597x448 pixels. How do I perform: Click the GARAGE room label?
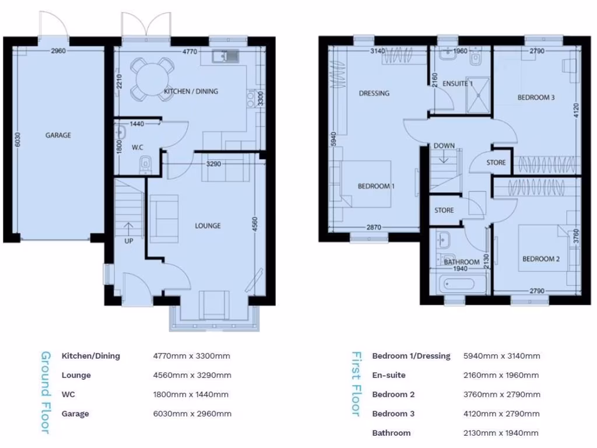click(x=58, y=135)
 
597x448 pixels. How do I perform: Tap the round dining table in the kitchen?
click(x=150, y=76)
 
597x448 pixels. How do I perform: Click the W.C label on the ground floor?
click(x=138, y=148)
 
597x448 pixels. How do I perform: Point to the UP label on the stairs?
click(x=128, y=240)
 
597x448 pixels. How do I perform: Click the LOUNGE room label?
click(x=208, y=226)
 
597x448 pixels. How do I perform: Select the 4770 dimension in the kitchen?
click(x=189, y=52)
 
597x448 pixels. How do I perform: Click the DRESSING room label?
click(x=374, y=93)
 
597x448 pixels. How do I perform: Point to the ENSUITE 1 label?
click(x=457, y=83)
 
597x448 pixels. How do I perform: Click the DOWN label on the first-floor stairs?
click(x=444, y=146)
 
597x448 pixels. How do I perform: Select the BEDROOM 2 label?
click(x=540, y=259)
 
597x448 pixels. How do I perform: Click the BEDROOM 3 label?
click(x=536, y=97)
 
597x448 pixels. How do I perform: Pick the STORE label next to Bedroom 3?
click(x=496, y=163)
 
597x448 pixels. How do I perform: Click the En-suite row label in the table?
click(x=388, y=375)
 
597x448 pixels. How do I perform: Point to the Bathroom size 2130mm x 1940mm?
click(x=500, y=433)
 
